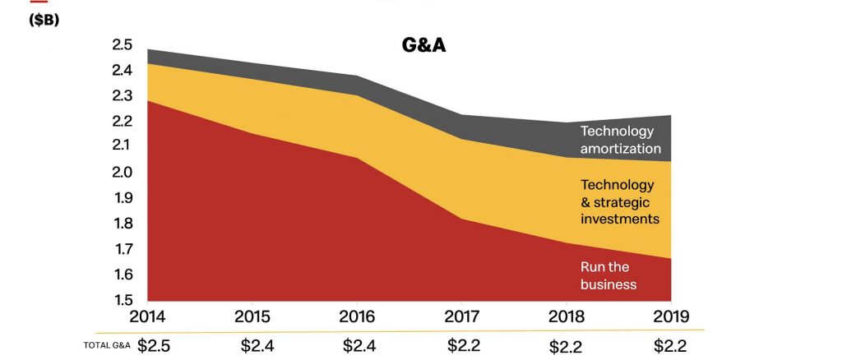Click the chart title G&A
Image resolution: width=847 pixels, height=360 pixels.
click(423, 44)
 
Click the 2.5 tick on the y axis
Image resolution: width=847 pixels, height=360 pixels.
click(122, 45)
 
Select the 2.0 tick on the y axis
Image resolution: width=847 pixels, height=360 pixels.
click(122, 172)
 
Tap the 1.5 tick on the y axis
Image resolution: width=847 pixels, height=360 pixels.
click(122, 300)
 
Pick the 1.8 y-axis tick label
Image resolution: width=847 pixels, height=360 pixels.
click(122, 224)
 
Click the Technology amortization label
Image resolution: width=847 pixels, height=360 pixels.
click(620, 140)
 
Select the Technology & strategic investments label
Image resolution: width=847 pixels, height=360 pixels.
click(620, 202)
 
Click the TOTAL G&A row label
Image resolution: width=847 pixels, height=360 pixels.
click(108, 345)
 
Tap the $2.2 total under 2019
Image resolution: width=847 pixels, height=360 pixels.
click(670, 345)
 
